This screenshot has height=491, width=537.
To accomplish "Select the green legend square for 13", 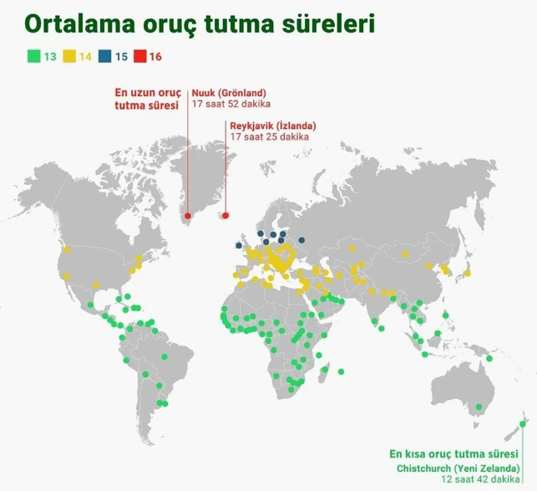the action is (34, 56).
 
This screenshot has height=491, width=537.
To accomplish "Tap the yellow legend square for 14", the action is (69, 56).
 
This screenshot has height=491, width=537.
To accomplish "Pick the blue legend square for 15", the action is (104, 56).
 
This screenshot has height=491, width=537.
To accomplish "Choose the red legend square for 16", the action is (140, 56).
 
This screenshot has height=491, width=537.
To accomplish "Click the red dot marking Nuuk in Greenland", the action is (188, 216).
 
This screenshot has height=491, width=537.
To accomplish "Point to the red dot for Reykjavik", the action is (225, 216).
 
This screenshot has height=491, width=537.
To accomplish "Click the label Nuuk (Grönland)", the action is (229, 93).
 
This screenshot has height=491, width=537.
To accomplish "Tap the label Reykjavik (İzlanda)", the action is (273, 125).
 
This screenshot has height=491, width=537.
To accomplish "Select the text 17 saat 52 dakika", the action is (231, 104).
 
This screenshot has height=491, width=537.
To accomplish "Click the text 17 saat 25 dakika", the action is (269, 136).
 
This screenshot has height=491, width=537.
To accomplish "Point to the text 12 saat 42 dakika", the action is (480, 479).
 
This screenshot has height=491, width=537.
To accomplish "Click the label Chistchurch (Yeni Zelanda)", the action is (458, 468).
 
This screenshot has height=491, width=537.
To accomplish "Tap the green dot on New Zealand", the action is (522, 424).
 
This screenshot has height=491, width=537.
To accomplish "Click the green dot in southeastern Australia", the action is (479, 407).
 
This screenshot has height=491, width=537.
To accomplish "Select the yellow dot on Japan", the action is (467, 274).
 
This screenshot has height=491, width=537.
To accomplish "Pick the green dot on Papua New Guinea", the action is (489, 359).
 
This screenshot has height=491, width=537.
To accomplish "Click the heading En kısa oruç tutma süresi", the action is (453, 454).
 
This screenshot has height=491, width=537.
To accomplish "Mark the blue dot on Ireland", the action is (239, 245).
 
